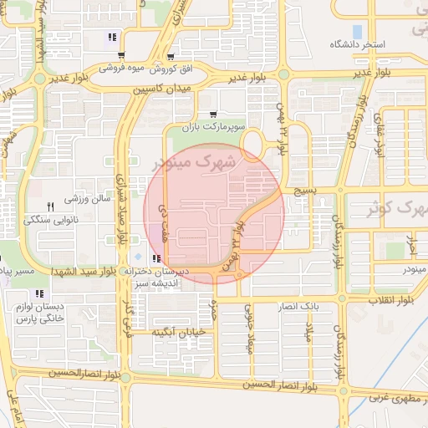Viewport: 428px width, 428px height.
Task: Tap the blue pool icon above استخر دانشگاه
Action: tap(358, 32)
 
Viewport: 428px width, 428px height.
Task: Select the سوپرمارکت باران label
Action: tap(215, 126)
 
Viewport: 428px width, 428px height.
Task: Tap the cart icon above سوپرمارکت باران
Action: tap(215, 115)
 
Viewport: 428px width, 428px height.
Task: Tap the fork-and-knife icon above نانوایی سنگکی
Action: tap(50, 206)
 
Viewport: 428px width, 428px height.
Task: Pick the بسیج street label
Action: tap(303, 191)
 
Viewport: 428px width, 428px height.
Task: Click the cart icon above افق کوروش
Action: tap(171, 57)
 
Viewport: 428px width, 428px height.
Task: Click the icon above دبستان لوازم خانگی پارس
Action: tap(38, 293)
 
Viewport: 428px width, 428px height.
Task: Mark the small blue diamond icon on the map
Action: tap(137, 255)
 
